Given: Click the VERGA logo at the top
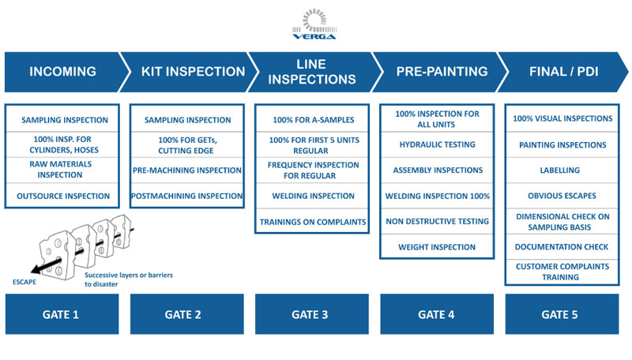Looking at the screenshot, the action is (x=314, y=24).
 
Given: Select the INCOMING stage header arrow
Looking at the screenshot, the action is (x=65, y=72).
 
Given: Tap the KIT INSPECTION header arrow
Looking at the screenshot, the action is (x=190, y=72).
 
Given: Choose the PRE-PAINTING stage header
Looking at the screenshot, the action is (x=439, y=72).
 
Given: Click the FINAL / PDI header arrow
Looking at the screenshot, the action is (x=564, y=72).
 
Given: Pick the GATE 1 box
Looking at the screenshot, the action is (x=62, y=314).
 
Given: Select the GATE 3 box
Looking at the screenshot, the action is (x=312, y=314).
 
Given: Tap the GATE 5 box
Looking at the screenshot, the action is (x=562, y=314).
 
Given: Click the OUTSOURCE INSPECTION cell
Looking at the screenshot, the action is (x=62, y=196).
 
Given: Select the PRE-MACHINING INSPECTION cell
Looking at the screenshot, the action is (x=187, y=170).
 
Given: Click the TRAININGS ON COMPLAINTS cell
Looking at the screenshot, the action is (x=312, y=222).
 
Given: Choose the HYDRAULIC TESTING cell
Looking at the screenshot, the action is (x=437, y=144).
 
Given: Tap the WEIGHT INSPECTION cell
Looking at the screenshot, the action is (x=437, y=247).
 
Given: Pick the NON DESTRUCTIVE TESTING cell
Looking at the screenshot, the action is (x=437, y=222).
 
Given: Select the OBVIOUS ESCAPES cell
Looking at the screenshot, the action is (x=562, y=196).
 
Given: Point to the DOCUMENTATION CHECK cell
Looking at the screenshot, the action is (x=562, y=247).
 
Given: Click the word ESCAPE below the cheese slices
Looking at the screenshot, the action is (x=24, y=282).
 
